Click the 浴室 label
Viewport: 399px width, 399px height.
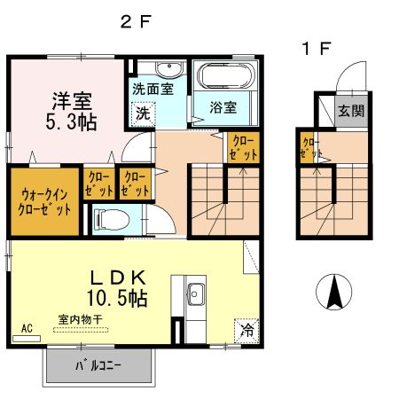pyautogui.click(x=223, y=108)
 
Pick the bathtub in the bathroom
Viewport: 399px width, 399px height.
pyautogui.click(x=224, y=78)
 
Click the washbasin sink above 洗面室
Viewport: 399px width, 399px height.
pyautogui.click(x=166, y=70)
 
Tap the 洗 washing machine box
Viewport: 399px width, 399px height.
pyautogui.click(x=143, y=113)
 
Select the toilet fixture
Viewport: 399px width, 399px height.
pyautogui.click(x=107, y=218)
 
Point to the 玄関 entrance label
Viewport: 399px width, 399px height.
pyautogui.click(x=349, y=111)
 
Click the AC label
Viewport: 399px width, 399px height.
pyautogui.click(x=26, y=328)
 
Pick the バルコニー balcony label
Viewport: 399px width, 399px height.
pyautogui.click(x=98, y=364)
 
